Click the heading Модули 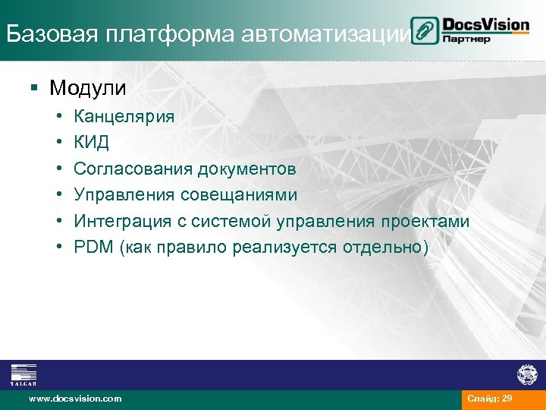pyautogui.click(x=88, y=88)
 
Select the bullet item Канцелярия pyautogui.click(x=124, y=117)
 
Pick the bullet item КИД pyautogui.click(x=91, y=143)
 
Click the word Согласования pyautogui.click(x=133, y=169)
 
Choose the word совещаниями pyautogui.click(x=239, y=195)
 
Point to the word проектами pyautogui.click(x=425, y=221)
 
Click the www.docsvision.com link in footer pyautogui.click(x=74, y=399)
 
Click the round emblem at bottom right pyautogui.click(x=526, y=374)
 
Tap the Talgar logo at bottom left pyautogui.click(x=23, y=374)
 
